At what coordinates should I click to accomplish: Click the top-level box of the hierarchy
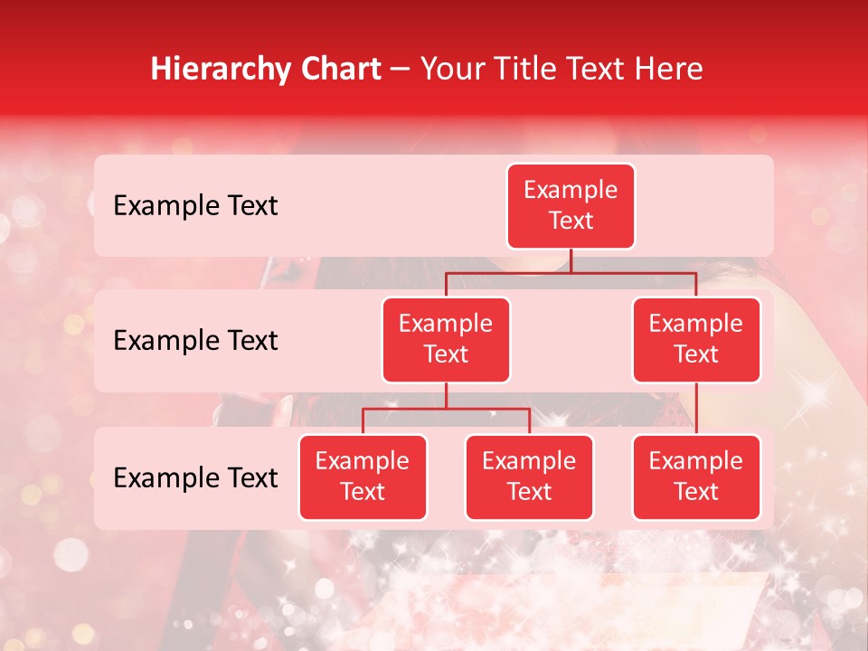[x=571, y=205]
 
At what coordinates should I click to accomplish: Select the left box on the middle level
[x=446, y=339]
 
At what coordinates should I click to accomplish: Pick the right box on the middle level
[x=696, y=339]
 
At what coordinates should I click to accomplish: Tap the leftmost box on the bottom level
[x=363, y=476]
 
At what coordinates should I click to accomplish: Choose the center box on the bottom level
[x=529, y=476]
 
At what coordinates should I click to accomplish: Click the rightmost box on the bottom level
[x=696, y=476]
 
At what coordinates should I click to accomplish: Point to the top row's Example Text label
[x=195, y=205]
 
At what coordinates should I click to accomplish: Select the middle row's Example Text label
[x=195, y=340]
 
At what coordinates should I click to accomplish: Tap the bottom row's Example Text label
[x=195, y=477]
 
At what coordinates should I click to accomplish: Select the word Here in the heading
[x=669, y=69]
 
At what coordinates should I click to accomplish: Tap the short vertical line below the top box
[x=571, y=260]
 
